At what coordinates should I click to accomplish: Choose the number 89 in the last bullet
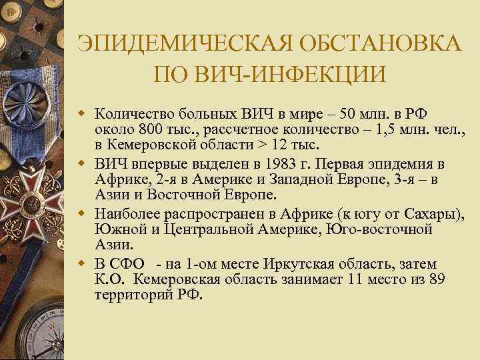[x=437, y=280]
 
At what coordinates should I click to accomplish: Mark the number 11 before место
[x=351, y=280]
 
